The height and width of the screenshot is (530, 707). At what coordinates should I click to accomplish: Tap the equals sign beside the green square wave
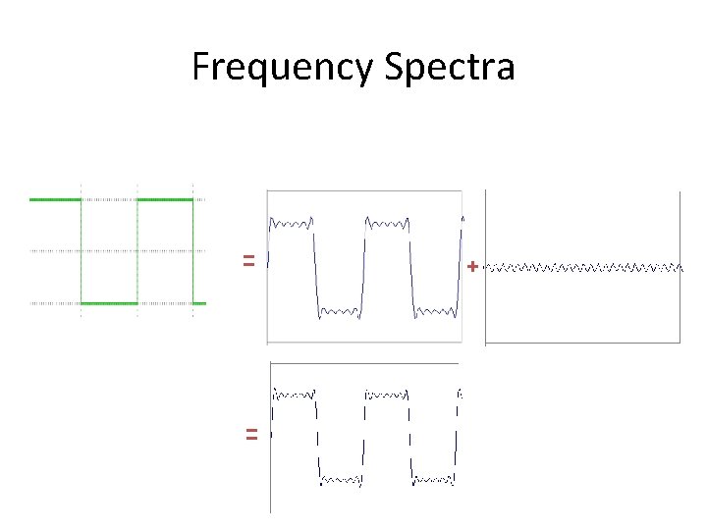[x=249, y=261]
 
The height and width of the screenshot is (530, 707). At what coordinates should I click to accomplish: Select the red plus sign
[x=473, y=266]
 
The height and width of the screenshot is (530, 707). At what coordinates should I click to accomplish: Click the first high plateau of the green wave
[x=55, y=199]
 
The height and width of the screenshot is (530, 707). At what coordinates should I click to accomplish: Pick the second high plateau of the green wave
[x=165, y=199]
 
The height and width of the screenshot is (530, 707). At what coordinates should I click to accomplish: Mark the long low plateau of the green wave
[x=109, y=303]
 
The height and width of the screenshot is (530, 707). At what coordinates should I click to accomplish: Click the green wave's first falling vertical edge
[x=82, y=251]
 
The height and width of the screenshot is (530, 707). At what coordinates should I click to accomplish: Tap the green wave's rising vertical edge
[x=137, y=251]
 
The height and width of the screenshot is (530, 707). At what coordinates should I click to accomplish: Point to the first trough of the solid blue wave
[x=340, y=313]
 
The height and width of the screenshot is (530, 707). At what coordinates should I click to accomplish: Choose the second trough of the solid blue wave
[x=434, y=313]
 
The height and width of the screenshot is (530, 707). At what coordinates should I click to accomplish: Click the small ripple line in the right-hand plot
[x=584, y=266]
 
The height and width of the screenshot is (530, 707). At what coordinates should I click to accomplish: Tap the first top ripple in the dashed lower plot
[x=295, y=395]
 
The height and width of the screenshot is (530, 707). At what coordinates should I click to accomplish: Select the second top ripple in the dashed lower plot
[x=387, y=395]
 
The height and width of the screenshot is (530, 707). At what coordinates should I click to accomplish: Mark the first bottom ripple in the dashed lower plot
[x=342, y=481]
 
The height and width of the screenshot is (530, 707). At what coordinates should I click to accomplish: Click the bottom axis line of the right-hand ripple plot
[x=583, y=344]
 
